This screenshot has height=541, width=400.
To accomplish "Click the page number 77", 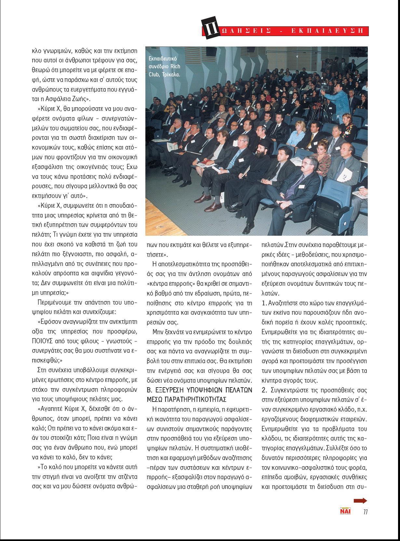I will pos(365,512).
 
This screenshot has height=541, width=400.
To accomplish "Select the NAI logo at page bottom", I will pos(345,511).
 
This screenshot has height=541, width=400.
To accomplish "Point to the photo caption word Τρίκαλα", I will pos(170,74).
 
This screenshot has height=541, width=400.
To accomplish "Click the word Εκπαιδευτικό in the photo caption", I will pos(163,59).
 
